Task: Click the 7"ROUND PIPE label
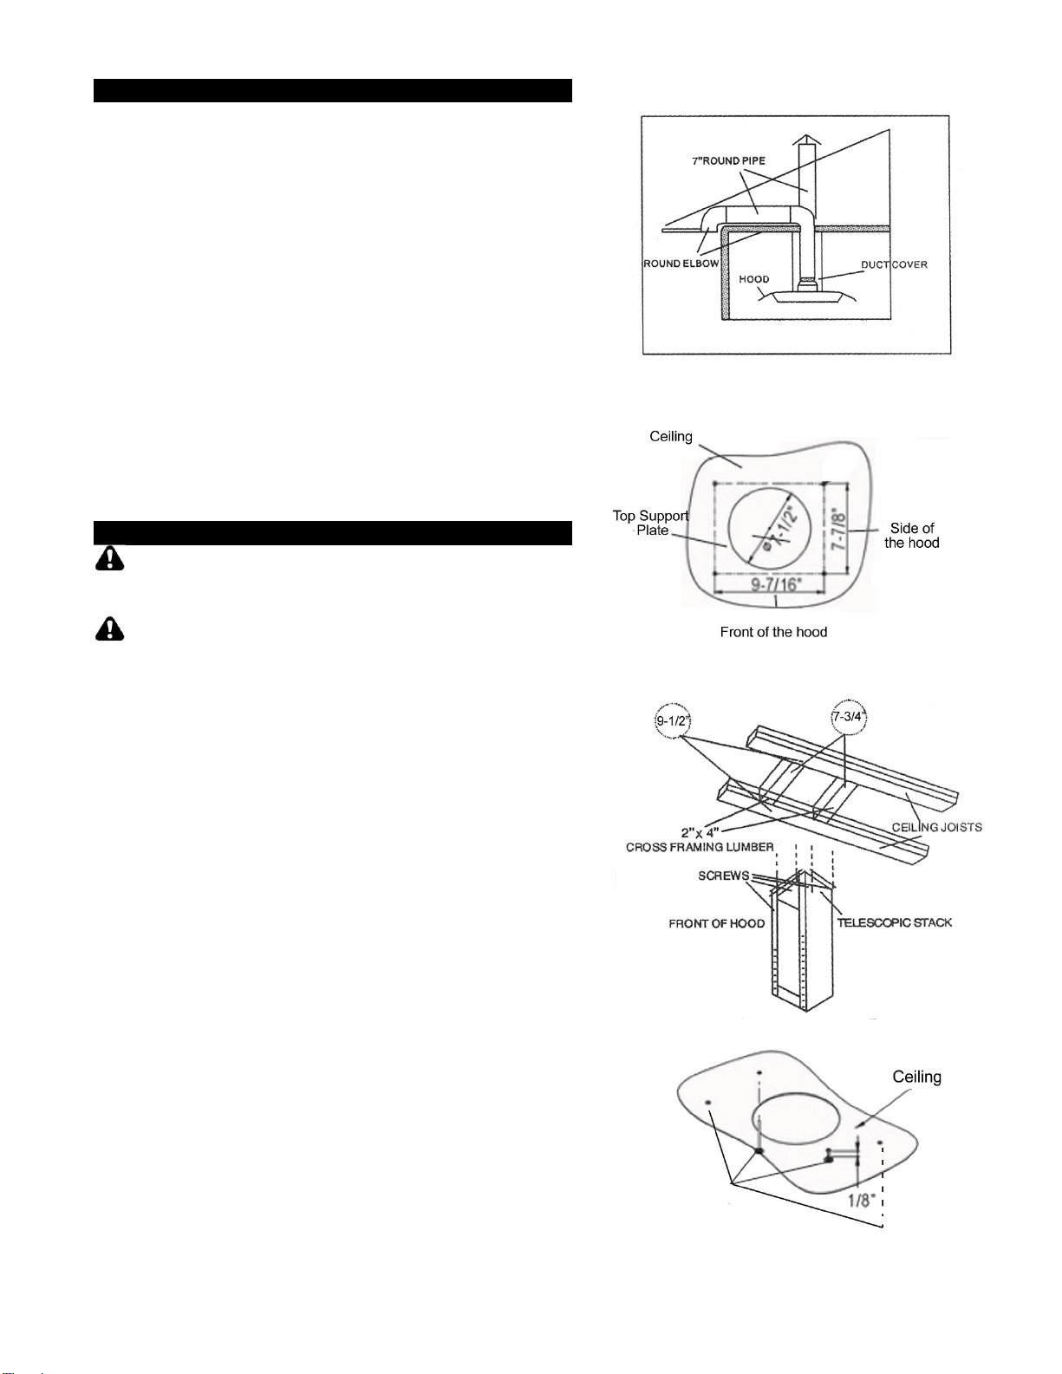(x=728, y=160)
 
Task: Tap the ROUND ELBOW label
(x=681, y=264)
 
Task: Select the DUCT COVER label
(x=894, y=264)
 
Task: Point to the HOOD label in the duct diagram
(x=754, y=279)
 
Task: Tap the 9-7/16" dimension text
(x=776, y=583)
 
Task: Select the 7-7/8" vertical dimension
(x=838, y=529)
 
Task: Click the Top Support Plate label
(x=650, y=523)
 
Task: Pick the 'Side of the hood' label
(x=911, y=535)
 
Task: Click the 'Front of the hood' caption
(x=773, y=632)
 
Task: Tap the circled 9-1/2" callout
(x=672, y=721)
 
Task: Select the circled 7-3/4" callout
(x=849, y=717)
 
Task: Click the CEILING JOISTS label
(x=937, y=827)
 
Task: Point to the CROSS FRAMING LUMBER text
(x=700, y=847)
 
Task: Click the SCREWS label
(x=723, y=876)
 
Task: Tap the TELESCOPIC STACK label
(x=895, y=922)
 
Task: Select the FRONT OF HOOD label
(x=717, y=924)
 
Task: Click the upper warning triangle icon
(x=109, y=558)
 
